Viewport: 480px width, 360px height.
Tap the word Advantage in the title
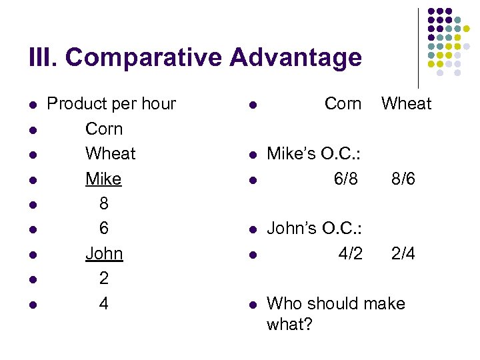297,58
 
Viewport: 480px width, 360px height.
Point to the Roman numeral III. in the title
44,58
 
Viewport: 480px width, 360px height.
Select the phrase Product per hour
111,104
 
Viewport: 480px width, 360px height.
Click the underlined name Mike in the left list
103,179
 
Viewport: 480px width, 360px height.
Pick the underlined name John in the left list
104,254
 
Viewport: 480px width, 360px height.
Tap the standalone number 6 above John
103,229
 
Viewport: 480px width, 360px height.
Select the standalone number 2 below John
103,279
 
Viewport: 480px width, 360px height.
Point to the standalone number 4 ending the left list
103,304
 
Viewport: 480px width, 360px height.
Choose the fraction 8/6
403,179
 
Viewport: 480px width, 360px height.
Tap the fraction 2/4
403,254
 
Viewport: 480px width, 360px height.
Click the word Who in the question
283,304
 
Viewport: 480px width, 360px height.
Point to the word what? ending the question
289,324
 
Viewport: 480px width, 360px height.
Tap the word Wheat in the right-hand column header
406,104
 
